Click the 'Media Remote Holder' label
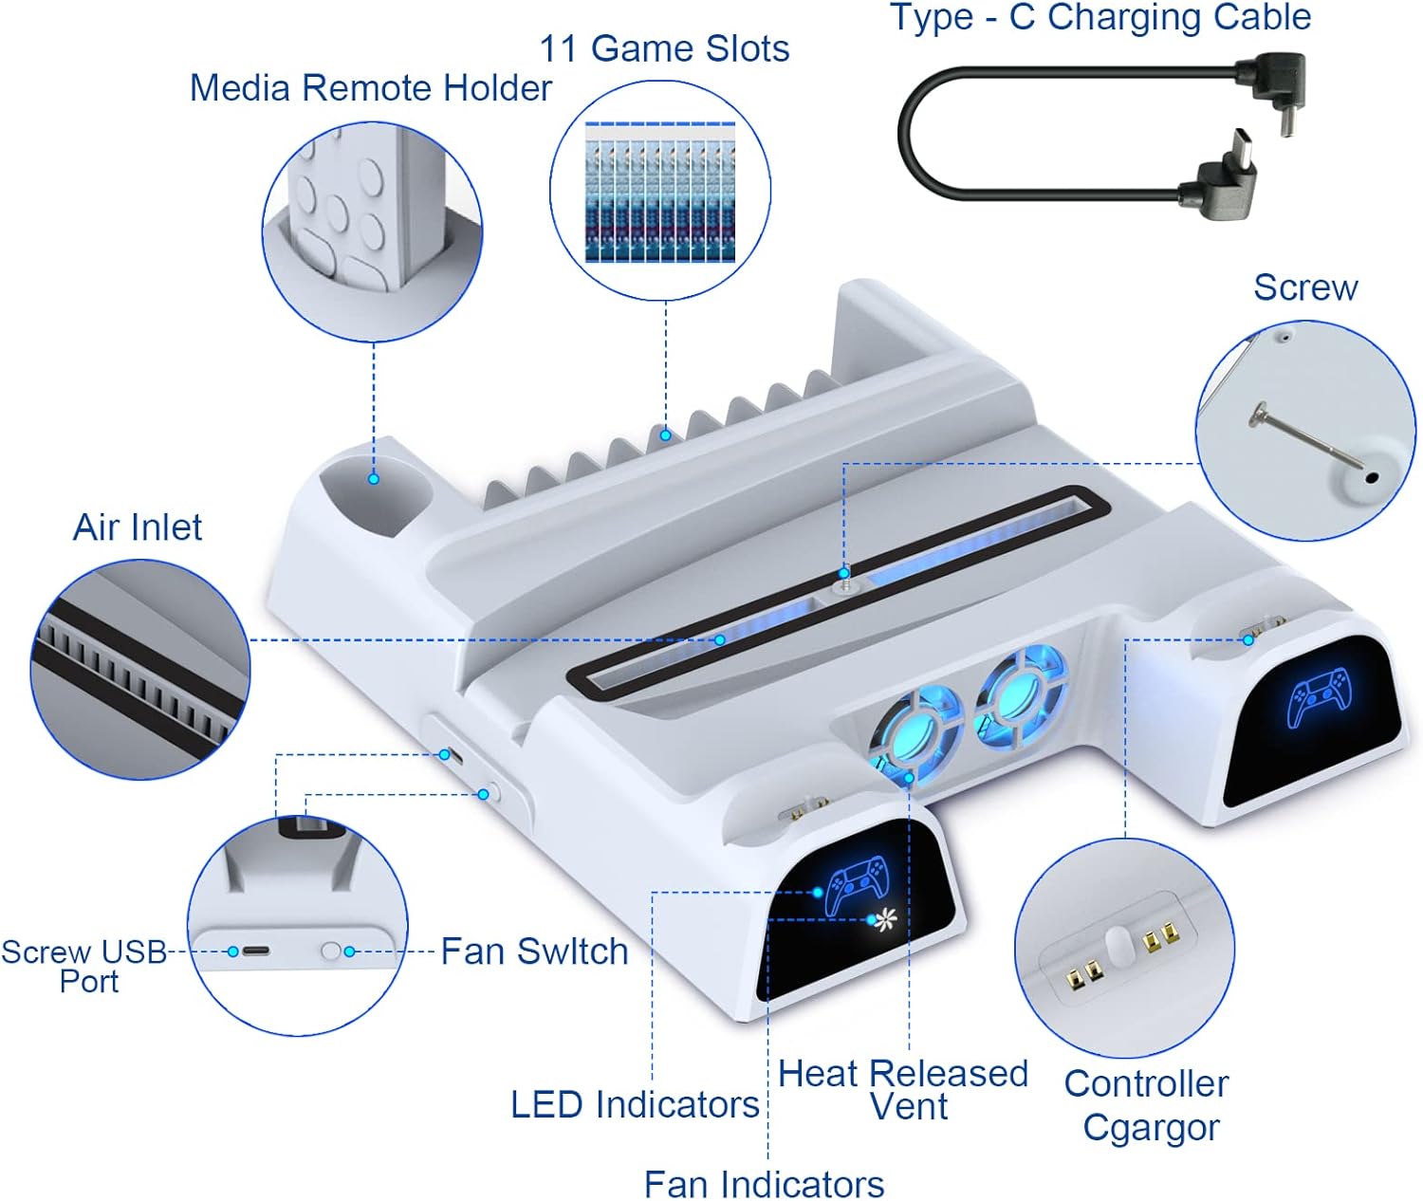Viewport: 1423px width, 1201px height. click(x=370, y=88)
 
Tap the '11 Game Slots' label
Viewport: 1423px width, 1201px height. click(x=664, y=48)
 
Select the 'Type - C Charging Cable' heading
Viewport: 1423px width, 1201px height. click(x=1100, y=17)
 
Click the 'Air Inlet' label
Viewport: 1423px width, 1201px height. click(x=138, y=527)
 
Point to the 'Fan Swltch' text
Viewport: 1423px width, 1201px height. click(x=534, y=951)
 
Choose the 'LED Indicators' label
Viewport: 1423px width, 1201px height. click(x=635, y=1104)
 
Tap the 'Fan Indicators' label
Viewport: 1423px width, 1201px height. click(x=764, y=1184)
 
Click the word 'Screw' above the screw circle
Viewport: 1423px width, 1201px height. click(x=1305, y=286)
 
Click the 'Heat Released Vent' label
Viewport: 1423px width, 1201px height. click(x=903, y=1089)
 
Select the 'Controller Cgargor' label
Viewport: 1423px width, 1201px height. click(x=1147, y=1105)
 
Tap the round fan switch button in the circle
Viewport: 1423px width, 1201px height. click(x=330, y=951)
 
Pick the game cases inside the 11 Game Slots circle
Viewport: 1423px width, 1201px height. click(x=659, y=193)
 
